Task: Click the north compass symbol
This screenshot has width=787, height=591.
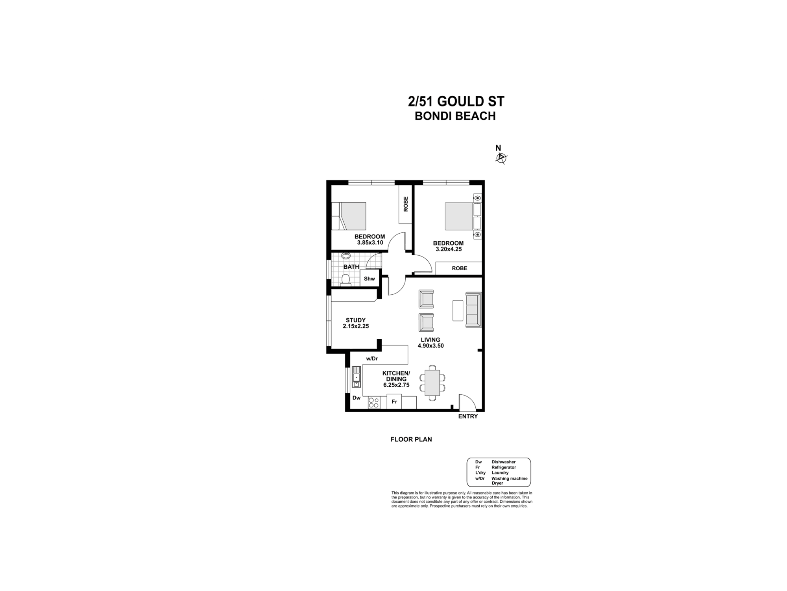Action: click(x=501, y=158)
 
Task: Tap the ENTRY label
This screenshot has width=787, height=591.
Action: click(x=468, y=416)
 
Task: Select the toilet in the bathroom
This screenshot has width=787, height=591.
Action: click(x=346, y=280)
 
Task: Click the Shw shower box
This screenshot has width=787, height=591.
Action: click(x=369, y=279)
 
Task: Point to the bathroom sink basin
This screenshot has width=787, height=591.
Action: click(x=346, y=256)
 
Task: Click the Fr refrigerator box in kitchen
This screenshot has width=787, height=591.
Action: click(x=394, y=402)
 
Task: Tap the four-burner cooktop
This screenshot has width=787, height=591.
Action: click(x=374, y=403)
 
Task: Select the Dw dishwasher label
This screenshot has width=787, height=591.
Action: click(x=357, y=398)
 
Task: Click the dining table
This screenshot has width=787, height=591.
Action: click(x=432, y=383)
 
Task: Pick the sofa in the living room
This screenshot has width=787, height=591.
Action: click(x=473, y=310)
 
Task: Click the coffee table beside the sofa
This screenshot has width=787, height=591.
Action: click(x=458, y=310)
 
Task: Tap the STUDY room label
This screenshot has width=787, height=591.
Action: click(x=356, y=320)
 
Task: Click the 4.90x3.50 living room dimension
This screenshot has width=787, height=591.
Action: click(x=430, y=346)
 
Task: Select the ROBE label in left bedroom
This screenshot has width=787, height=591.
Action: click(x=406, y=204)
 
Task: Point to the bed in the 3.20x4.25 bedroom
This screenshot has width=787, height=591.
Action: click(x=459, y=216)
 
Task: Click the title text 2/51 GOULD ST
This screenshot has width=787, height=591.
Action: click(x=456, y=102)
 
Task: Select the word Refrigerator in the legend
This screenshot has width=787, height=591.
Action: click(x=503, y=467)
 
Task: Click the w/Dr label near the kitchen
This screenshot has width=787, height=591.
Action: click(x=372, y=359)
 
